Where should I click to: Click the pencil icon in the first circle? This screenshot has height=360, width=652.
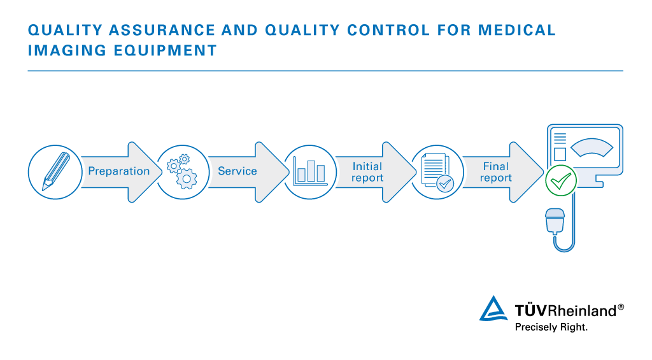tap(56, 171)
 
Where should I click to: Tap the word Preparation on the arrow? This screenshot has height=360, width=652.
tap(119, 171)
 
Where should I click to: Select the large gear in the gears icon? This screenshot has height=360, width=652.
tap(187, 179)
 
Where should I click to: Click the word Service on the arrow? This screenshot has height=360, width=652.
tap(237, 171)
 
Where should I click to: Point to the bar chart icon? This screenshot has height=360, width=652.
tap(310, 171)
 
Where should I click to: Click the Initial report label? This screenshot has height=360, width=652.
tap(367, 172)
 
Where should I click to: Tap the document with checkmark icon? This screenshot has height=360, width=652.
tap(437, 172)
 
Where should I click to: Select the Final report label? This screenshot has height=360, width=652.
tap(495, 172)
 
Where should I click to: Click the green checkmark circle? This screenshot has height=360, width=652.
tap(561, 180)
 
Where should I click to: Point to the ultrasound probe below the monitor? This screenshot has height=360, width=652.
tap(555, 222)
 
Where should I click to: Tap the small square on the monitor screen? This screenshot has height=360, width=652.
tap(560, 154)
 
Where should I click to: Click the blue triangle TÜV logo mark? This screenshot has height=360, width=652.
tap(493, 308)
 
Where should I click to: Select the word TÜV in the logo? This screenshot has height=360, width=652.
tap(531, 310)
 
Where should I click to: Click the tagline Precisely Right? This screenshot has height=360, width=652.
tap(551, 327)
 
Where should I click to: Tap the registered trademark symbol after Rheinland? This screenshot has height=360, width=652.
tap(621, 307)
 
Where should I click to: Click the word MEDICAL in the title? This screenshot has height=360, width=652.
tap(517, 30)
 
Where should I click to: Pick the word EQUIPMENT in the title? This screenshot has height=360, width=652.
tap(165, 51)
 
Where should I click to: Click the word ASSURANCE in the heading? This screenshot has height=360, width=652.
tap(162, 30)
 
